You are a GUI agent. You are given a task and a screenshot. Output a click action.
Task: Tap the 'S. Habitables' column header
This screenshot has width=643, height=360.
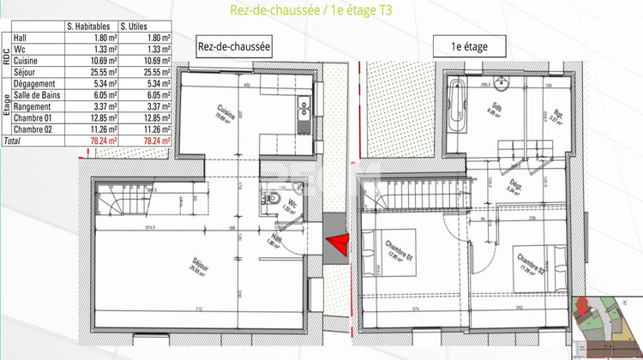click(91, 27)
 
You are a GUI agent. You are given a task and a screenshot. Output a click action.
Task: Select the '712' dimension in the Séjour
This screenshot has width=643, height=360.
click(199, 308)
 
